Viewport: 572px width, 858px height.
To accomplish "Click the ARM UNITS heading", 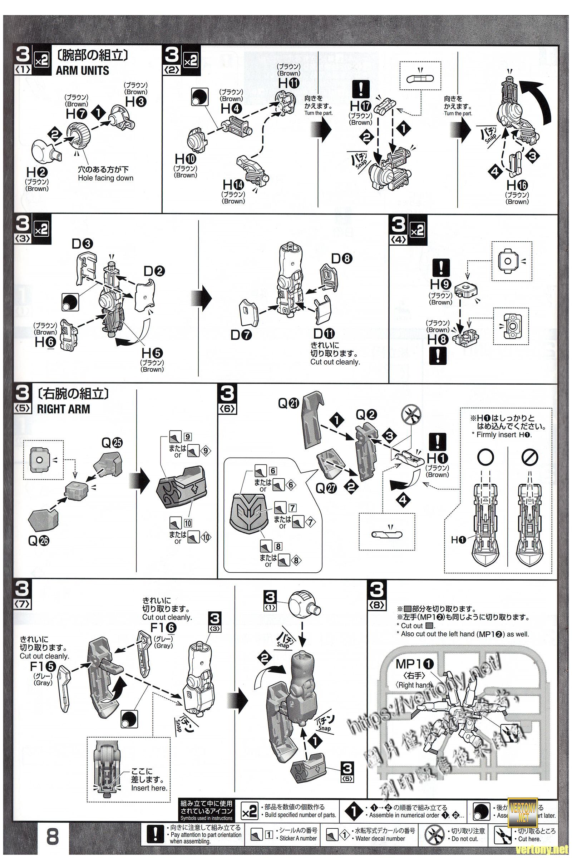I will (83, 70).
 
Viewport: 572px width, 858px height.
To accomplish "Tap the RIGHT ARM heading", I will (64, 409).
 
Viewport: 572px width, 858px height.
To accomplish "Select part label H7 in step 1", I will (76, 114).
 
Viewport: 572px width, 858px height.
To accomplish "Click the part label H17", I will (360, 107).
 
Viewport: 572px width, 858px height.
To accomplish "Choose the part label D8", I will (341, 258).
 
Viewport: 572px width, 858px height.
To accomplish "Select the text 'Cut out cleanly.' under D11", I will (335, 362).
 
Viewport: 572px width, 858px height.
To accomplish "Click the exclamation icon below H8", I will (438, 355).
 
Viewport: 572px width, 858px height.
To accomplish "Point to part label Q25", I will (112, 443).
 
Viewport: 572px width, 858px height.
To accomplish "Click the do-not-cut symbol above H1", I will (411, 415).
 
